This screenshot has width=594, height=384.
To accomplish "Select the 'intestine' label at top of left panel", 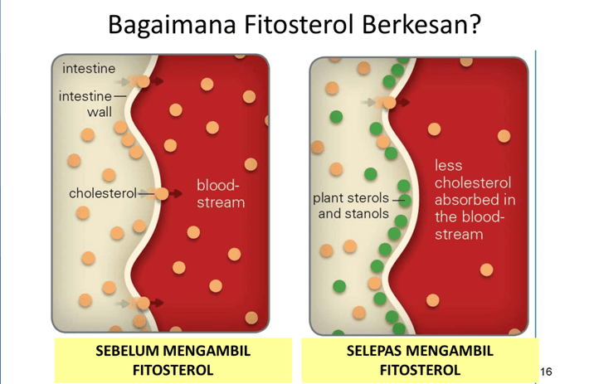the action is click(89, 68).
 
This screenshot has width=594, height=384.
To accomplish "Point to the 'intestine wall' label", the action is click(86, 104).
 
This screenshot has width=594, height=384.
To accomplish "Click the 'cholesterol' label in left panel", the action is click(102, 193).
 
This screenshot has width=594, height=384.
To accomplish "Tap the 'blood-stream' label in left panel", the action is click(220, 193).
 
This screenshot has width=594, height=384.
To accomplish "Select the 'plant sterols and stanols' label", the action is click(352, 206).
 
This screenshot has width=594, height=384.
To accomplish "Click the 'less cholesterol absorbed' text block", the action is click(473, 200).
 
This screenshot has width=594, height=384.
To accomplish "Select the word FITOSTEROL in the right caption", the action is click(419, 369).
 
